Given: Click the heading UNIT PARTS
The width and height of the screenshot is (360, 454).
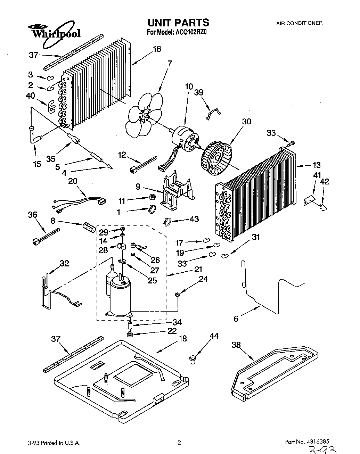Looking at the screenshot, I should pos(178,23).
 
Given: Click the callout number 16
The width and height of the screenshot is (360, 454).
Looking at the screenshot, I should pos(157,49).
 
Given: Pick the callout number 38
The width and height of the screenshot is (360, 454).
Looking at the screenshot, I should pos(236,345).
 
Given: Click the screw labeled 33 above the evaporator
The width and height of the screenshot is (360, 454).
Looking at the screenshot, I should pos(291,142).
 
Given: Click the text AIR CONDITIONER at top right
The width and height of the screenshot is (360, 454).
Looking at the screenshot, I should pos(299,23).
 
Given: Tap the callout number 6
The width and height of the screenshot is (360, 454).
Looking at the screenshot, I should pos(236,318).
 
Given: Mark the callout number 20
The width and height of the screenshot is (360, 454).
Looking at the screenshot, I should pos(73,181).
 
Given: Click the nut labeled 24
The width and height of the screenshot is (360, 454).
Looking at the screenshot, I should pos(177,295).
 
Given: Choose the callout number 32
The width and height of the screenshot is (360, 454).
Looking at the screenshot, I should pos(64,263).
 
